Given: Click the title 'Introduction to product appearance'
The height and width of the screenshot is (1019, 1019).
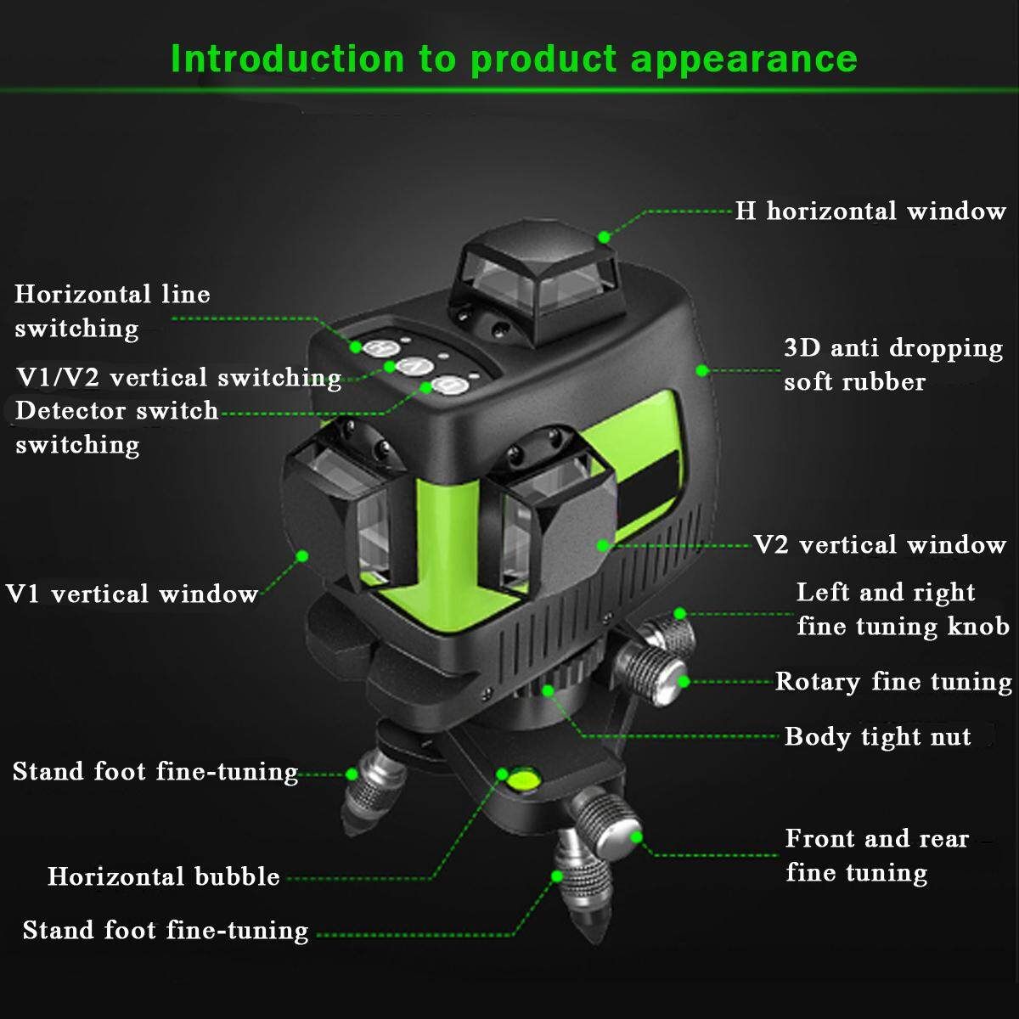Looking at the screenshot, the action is point(514,59).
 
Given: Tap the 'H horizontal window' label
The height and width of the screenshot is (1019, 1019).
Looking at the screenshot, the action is point(870,211).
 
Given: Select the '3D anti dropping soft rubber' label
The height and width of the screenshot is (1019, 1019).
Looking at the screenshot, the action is point(893,365).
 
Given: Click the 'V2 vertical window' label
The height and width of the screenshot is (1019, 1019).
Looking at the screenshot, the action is point(880,544).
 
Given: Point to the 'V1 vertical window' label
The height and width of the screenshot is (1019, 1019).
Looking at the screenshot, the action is point(132,594).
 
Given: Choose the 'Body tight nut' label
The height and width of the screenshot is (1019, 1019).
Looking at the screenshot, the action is point(878,736).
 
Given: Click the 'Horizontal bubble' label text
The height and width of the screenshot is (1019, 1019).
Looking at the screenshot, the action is point(164,876).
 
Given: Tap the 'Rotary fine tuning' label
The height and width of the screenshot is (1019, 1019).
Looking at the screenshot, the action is point(893,682).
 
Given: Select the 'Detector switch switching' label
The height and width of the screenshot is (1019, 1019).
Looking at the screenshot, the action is point(117,427).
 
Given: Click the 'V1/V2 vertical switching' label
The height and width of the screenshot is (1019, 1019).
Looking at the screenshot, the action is point(178,378).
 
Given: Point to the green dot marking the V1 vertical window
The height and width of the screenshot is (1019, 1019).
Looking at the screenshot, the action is point(302,555).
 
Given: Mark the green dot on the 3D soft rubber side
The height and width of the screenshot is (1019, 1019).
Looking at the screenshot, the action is point(701,371).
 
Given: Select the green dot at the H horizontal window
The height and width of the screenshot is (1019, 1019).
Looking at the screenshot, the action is point(604,237).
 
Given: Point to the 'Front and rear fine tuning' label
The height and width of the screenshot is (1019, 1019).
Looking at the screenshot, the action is point(877,856).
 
